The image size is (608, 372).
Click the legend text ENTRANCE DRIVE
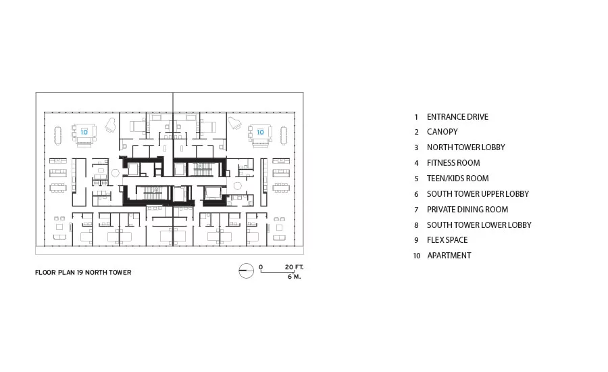point(457,117)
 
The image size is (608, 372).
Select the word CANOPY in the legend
point(442,132)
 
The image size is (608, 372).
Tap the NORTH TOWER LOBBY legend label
point(465,147)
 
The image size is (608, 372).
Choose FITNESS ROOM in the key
point(453,163)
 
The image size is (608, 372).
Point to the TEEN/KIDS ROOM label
point(457,179)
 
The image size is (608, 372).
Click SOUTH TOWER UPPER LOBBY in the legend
point(478,193)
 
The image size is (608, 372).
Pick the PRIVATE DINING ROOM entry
point(467,209)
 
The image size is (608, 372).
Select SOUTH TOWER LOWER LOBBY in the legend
point(479,225)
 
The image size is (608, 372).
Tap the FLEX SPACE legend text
point(447,240)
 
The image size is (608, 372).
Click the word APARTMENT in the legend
point(449,256)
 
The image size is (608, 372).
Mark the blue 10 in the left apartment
point(84,132)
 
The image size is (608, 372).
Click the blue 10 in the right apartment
point(260,132)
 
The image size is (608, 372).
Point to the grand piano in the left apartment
point(111,125)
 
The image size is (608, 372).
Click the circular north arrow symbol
point(246,271)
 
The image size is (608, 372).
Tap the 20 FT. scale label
point(295,267)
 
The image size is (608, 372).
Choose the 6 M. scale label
point(295,277)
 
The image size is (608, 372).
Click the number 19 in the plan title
point(80,272)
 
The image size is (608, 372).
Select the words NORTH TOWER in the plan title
point(108,272)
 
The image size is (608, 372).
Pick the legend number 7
point(416,210)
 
